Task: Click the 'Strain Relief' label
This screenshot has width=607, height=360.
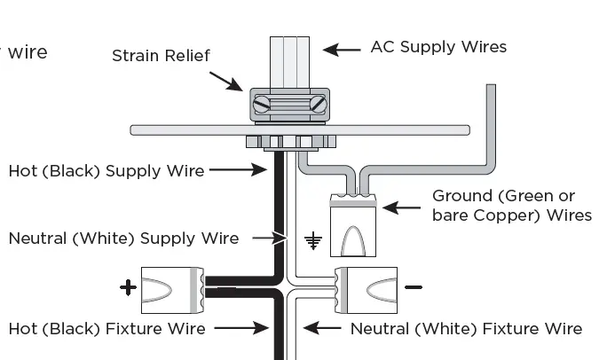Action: pos(161,56)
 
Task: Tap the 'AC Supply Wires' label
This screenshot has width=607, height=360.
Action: pos(438,47)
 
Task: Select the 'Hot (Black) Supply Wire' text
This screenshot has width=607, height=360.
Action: pos(106,170)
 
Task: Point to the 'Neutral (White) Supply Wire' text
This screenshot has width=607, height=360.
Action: pos(123,238)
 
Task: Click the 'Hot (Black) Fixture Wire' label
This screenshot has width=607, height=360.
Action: pos(106,329)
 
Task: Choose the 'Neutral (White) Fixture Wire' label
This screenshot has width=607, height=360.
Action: pos(466,329)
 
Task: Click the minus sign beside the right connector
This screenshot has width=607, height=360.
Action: pos(414,287)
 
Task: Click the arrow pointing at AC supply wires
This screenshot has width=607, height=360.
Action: pos(342,49)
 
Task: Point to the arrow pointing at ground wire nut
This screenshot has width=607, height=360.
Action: pos(402,208)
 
